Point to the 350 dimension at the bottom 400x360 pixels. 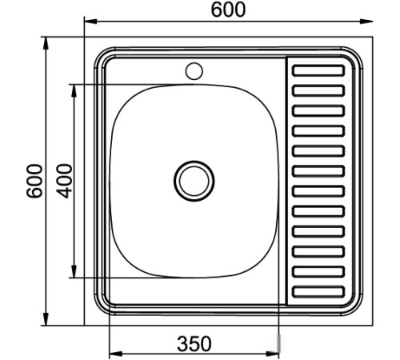point(194,344)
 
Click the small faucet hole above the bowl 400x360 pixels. point(194,70)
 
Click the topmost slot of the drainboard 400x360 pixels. point(318,70)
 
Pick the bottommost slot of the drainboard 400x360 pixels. point(318,293)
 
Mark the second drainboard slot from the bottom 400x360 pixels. point(318,272)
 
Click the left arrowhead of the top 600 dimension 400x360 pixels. point(90,22)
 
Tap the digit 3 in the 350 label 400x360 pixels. point(182,344)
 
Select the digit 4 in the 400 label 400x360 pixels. point(65,193)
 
